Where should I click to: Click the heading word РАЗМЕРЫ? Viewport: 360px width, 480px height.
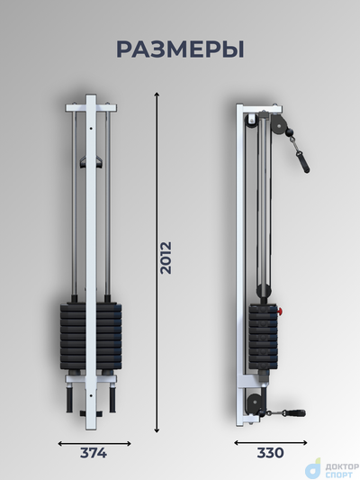coord(180,50)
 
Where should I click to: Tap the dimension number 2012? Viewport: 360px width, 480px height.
coord(166,258)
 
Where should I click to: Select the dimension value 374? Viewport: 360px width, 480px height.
coord(94,453)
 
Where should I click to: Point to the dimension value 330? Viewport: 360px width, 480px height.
coord(270,453)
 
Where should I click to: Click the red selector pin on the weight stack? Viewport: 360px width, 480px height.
coord(280,312)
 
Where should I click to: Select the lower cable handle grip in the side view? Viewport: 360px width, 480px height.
coord(298,413)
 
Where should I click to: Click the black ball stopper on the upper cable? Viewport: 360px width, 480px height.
coord(289,132)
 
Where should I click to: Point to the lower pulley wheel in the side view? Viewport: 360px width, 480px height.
coord(254,402)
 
